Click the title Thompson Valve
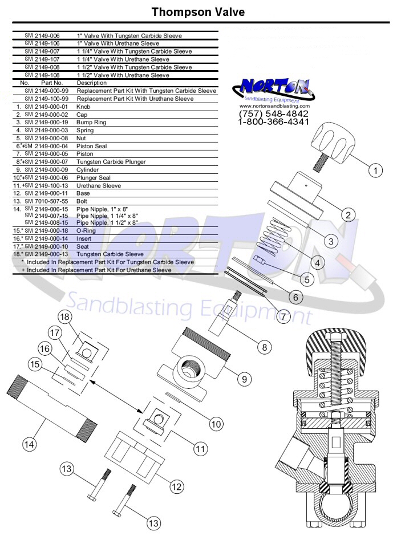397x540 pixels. (198, 12)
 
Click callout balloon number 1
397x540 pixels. (375, 170)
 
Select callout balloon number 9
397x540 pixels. (244, 379)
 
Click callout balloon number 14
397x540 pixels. (29, 444)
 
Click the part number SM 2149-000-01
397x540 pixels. (46, 107)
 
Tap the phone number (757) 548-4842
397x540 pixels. (274, 113)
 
